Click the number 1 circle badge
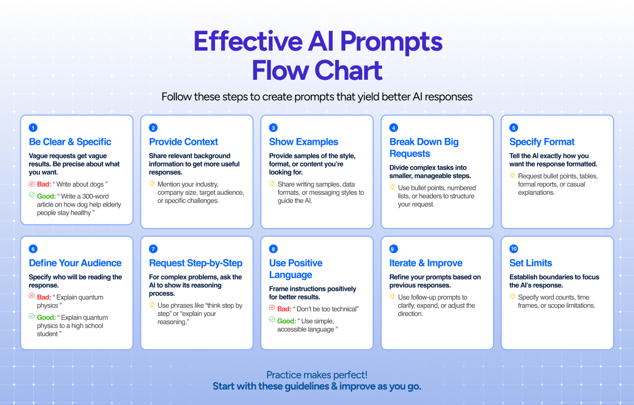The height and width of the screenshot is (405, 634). pyautogui.click(x=33, y=128)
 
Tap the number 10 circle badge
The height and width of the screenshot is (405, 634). pyautogui.click(x=514, y=249)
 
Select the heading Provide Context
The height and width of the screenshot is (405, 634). pyautogui.click(x=183, y=142)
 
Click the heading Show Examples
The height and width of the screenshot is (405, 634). pyautogui.click(x=303, y=142)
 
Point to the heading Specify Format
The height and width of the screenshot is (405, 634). pyautogui.click(x=542, y=142)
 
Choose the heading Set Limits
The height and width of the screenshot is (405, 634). pyautogui.click(x=531, y=263)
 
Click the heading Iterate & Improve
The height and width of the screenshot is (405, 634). pyautogui.click(x=426, y=263)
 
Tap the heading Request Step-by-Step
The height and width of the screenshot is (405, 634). pyautogui.click(x=196, y=263)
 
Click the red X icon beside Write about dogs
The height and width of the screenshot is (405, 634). pyautogui.click(x=32, y=184)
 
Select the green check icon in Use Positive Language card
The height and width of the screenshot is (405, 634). pyautogui.click(x=272, y=320)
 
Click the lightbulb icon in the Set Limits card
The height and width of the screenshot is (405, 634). pyautogui.click(x=512, y=297)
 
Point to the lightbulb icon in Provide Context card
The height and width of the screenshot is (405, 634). pyautogui.click(x=152, y=184)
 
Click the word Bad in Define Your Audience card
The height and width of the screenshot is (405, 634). pyautogui.click(x=44, y=297)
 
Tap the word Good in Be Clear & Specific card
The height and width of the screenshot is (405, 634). pyautogui.click(x=46, y=196)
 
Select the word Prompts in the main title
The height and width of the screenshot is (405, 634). pyautogui.click(x=391, y=42)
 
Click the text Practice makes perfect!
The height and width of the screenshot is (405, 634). pyautogui.click(x=317, y=375)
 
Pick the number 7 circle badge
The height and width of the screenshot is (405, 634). pyautogui.click(x=153, y=249)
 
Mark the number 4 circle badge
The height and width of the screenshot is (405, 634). pyautogui.click(x=394, y=128)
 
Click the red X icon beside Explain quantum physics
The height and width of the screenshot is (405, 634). pyautogui.click(x=32, y=296)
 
